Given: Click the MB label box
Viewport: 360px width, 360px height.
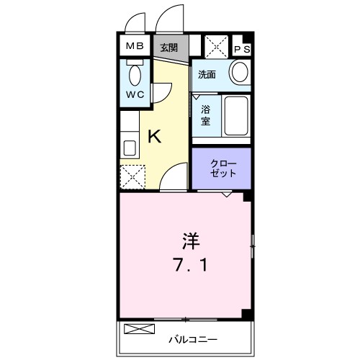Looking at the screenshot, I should point(135,47).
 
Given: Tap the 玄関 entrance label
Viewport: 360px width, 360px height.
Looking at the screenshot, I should point(169,48).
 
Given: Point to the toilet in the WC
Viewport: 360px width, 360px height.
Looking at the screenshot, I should point(134,75).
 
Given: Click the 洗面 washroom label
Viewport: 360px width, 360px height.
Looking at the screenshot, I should point(207,73).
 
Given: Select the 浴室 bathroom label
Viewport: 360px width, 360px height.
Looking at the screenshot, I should point(205,115).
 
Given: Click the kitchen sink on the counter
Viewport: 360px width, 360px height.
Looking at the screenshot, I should point(130,148).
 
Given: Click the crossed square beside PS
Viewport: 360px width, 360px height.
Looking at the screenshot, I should point(216,48).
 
